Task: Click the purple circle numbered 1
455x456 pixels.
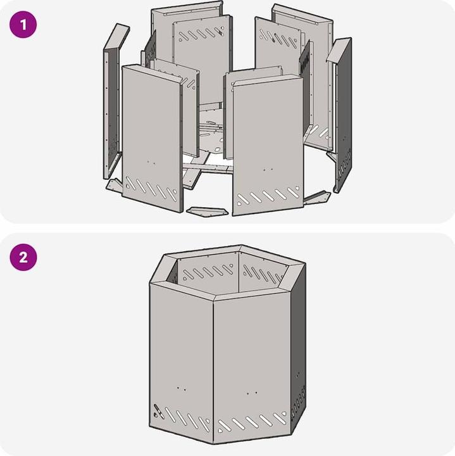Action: point(23,25)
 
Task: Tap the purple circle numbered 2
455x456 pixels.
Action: point(23,257)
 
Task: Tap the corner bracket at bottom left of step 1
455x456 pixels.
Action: point(115,185)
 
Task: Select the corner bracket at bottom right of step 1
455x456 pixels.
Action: point(316,198)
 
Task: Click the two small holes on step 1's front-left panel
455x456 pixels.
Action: point(151,162)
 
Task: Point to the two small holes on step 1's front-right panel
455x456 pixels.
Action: point(268,170)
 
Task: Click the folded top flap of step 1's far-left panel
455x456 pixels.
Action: point(117,37)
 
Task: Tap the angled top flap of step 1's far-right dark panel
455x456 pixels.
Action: point(339,50)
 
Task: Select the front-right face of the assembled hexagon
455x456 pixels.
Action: point(252,369)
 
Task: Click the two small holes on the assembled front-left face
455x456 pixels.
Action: point(181,388)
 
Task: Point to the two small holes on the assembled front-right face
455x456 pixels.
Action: point(252,393)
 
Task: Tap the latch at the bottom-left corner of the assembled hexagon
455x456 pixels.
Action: point(158,410)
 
